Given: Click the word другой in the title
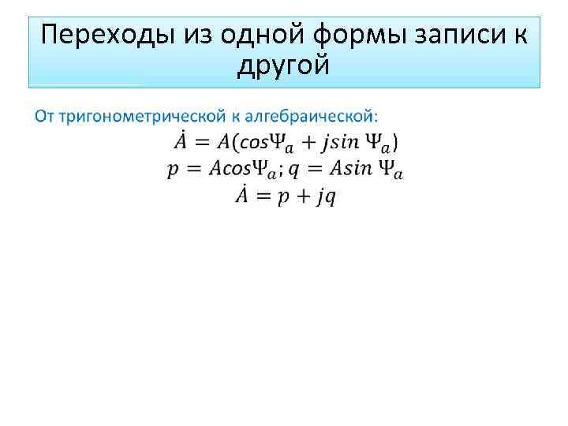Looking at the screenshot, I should pos(282,67).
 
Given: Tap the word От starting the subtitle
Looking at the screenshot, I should pos(43,116).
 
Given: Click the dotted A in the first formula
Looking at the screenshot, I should pos(179,143).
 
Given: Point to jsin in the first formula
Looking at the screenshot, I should pos(339,144).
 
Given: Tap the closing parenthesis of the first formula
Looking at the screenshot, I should pos(395,144).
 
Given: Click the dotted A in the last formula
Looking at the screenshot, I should pos(241,195).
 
